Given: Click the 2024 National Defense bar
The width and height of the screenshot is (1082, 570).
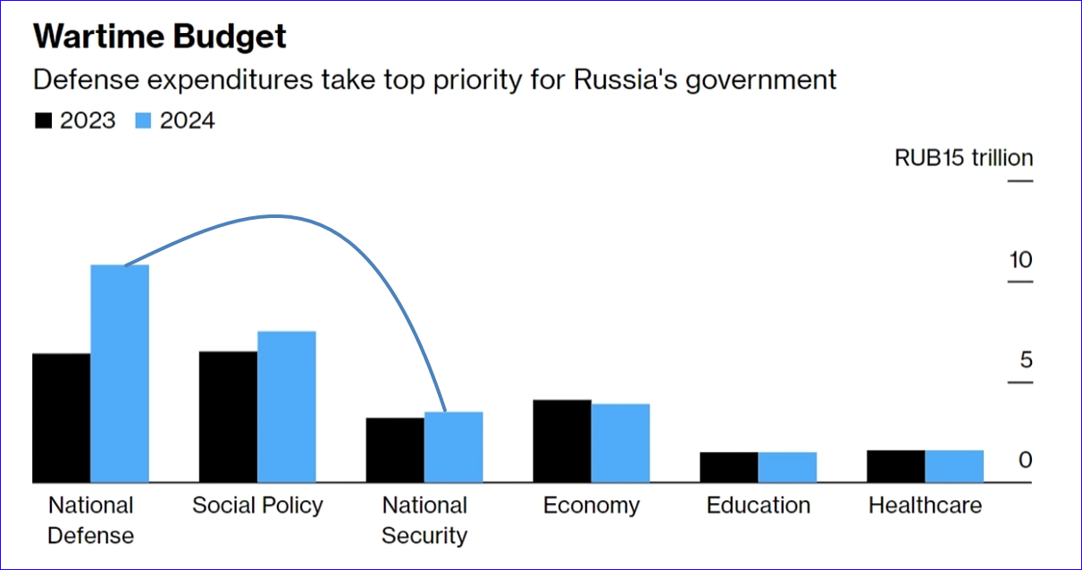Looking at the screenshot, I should pyautogui.click(x=120, y=373).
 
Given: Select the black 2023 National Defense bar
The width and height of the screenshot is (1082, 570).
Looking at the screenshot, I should pyautogui.click(x=62, y=418).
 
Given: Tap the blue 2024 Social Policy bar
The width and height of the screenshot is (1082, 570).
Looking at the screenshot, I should pyautogui.click(x=287, y=407).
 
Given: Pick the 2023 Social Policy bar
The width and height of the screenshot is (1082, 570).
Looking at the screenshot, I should pyautogui.click(x=228, y=417).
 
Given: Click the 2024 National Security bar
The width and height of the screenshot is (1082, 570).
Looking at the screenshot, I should pyautogui.click(x=453, y=447).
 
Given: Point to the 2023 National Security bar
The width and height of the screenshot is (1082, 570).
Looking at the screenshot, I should pyautogui.click(x=395, y=450).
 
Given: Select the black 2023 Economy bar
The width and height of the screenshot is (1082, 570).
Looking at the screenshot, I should pyautogui.click(x=562, y=441).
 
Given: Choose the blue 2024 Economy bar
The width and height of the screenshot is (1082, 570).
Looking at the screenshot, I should pyautogui.click(x=620, y=443).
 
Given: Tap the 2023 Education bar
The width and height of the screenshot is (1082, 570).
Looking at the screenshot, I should pyautogui.click(x=729, y=467).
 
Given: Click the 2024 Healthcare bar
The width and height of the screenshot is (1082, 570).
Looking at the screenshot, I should pyautogui.click(x=954, y=466).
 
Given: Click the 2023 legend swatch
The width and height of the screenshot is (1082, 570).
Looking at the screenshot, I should pyautogui.click(x=42, y=121).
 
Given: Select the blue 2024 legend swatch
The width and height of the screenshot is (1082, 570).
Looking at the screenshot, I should pyautogui.click(x=143, y=121).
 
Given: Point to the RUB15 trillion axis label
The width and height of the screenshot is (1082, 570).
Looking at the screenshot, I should pyautogui.click(x=963, y=159).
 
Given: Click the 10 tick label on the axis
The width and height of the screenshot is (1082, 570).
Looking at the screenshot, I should pyautogui.click(x=1020, y=260).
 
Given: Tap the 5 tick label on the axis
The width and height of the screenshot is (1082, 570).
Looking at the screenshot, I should pyautogui.click(x=1026, y=360).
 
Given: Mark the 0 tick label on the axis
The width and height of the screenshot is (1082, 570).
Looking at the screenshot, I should pyautogui.click(x=1026, y=460).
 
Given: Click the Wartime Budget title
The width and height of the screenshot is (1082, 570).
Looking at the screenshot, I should pyautogui.click(x=160, y=37).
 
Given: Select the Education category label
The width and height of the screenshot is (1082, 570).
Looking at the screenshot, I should pyautogui.click(x=759, y=506).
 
